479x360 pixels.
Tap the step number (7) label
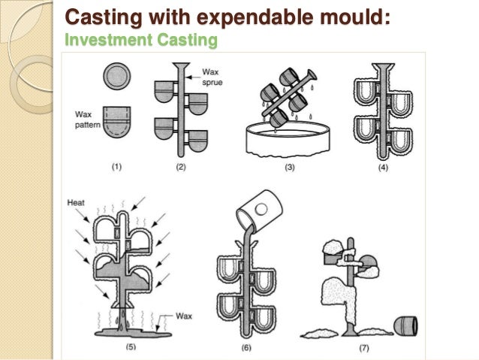(x=363, y=347)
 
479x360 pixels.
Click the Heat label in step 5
(x=76, y=202)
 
